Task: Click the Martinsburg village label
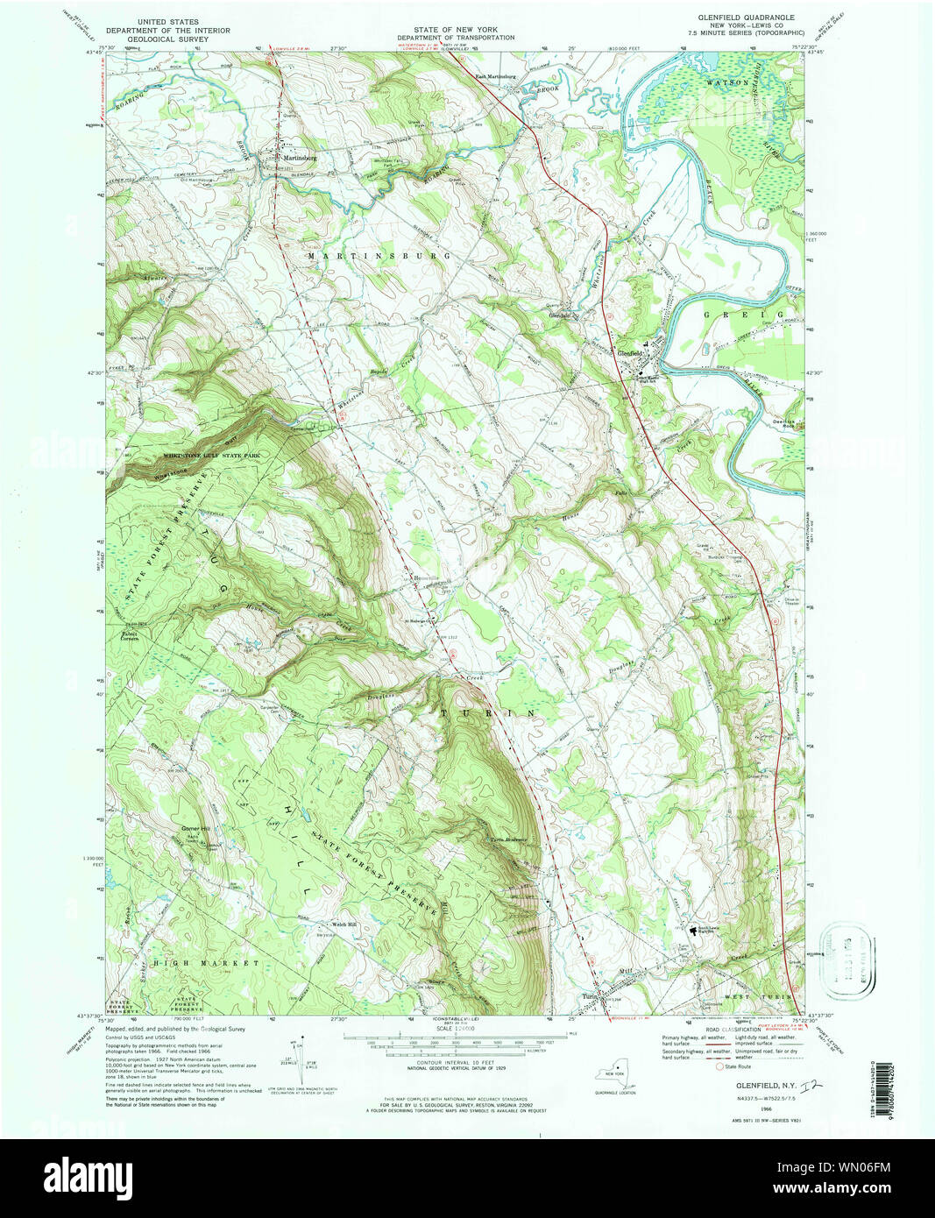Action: click(299, 159)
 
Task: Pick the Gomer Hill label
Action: click(195, 828)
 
